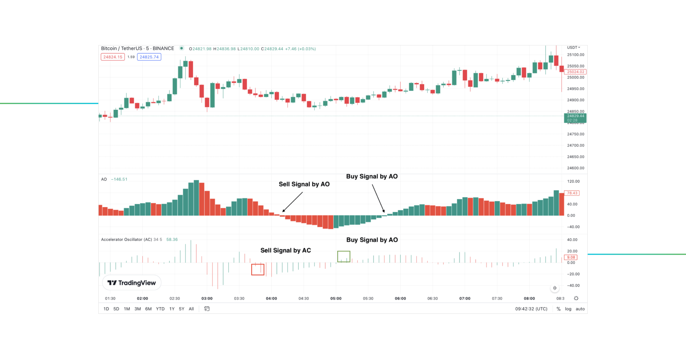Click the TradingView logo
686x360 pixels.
[x=131, y=283]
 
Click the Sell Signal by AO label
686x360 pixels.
[x=304, y=184]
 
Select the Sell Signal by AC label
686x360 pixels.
[x=285, y=250]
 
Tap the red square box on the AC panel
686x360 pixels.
[x=258, y=270]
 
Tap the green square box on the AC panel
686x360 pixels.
[x=344, y=256]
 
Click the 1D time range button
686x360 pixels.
[x=106, y=309]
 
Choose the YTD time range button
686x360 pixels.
[x=160, y=309]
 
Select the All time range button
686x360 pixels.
[x=191, y=309]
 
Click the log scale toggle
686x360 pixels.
[x=568, y=309]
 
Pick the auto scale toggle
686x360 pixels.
[x=580, y=309]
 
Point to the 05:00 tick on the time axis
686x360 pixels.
[x=336, y=299]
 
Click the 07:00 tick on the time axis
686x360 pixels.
[x=465, y=299]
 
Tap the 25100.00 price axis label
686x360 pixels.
[x=576, y=55]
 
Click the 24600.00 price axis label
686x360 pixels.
[x=576, y=168]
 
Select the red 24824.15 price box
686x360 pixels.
[x=113, y=57]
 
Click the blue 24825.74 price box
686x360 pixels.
[x=149, y=57]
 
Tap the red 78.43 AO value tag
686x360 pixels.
[x=572, y=193]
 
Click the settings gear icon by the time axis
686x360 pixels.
[x=576, y=298]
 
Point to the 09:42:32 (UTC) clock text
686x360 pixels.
[x=531, y=309]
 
